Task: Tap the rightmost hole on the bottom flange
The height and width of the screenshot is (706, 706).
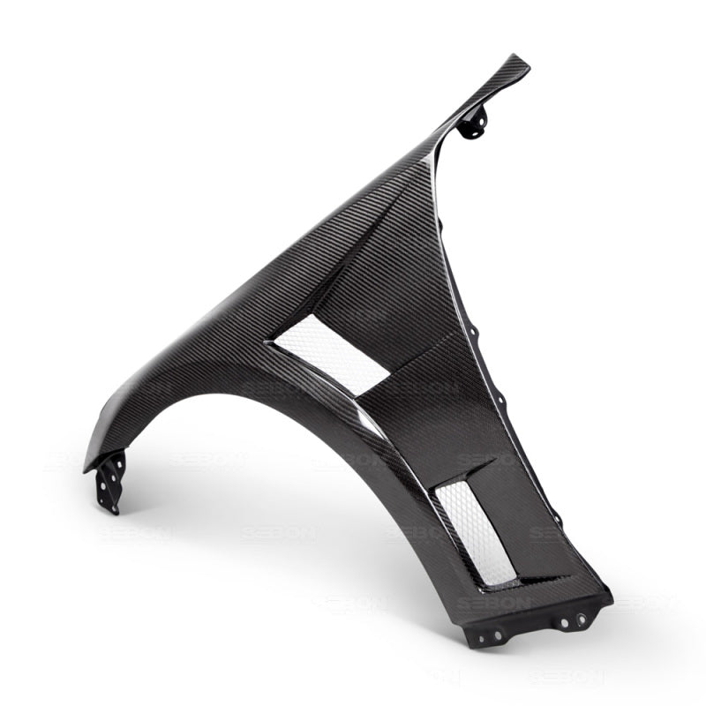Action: (x=582, y=620)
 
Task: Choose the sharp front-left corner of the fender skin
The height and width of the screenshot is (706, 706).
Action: (x=86, y=469)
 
